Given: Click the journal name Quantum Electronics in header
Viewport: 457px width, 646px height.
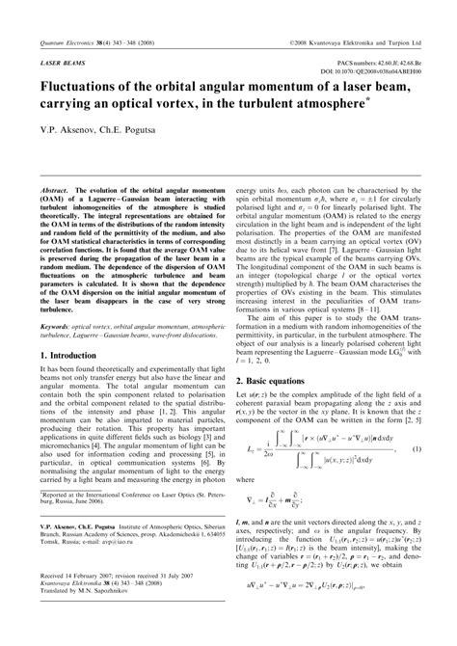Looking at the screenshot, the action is point(55,17).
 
